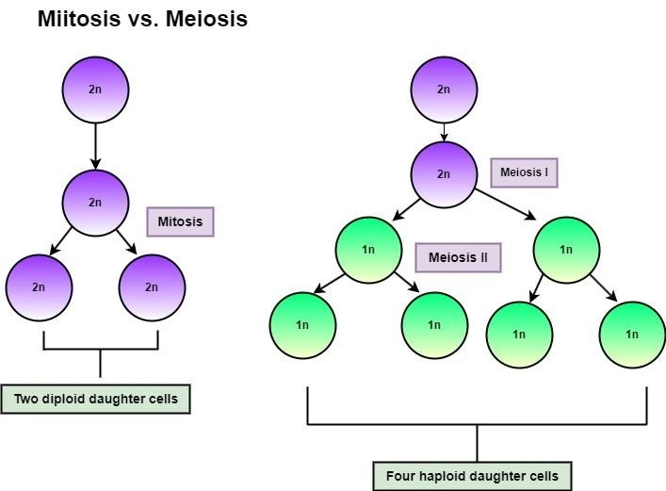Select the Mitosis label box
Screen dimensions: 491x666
(180, 221)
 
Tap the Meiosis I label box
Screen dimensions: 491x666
(524, 172)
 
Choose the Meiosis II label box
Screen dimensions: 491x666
(458, 256)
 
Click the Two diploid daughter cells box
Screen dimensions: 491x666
(96, 399)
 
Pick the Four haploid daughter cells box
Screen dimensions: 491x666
(473, 475)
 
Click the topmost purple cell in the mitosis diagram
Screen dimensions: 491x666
(95, 90)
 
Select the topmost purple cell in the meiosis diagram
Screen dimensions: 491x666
(444, 90)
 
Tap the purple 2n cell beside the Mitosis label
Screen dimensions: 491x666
(95, 203)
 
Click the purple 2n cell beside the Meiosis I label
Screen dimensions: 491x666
(444, 174)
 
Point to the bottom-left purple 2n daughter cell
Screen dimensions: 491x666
(39, 287)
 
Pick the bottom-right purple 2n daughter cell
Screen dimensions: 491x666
(152, 287)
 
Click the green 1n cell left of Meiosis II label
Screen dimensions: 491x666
(368, 250)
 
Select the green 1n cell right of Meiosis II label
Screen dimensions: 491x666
(566, 250)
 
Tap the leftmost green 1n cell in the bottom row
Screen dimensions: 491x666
(302, 325)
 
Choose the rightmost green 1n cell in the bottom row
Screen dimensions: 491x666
(632, 334)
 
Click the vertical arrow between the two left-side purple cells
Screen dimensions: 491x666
(95, 146)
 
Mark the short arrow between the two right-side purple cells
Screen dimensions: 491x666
(444, 132)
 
